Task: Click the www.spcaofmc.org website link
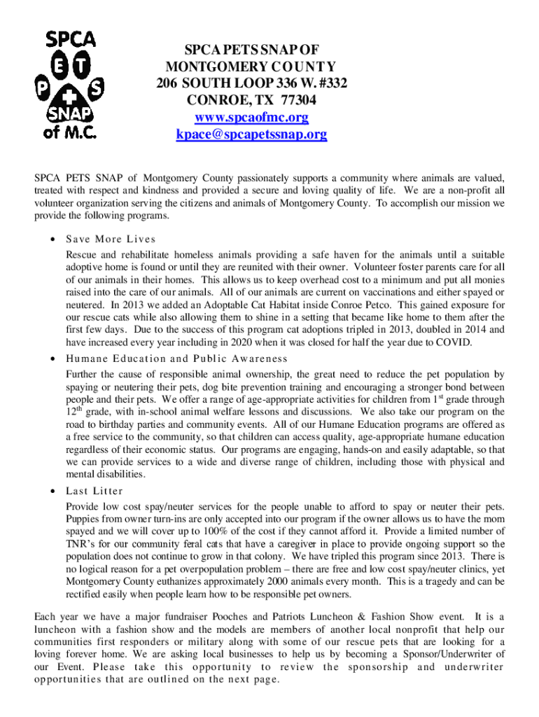(x=251, y=117)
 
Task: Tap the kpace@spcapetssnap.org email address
(x=251, y=134)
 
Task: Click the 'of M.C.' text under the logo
(x=70, y=131)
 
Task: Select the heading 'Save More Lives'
(x=111, y=239)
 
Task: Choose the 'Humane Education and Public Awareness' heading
(x=177, y=358)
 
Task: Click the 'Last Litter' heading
(x=94, y=490)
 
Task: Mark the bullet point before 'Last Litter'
(x=53, y=490)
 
